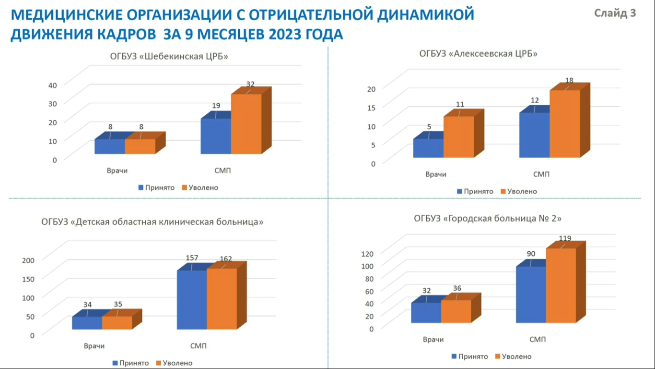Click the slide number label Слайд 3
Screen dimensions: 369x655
[615, 13]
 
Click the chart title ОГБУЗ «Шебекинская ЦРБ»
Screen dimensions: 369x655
[169, 56]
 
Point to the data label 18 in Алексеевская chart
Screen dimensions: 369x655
[569, 80]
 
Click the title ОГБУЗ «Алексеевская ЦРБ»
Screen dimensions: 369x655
[478, 53]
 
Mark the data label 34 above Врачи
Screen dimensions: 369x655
[87, 304]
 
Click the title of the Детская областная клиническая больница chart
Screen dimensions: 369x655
[152, 222]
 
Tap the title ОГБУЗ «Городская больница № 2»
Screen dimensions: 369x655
[488, 219]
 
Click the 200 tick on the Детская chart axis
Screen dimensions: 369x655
[29, 260]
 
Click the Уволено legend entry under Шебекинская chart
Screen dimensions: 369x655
[200, 187]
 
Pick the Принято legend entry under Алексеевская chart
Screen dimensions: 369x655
[475, 191]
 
